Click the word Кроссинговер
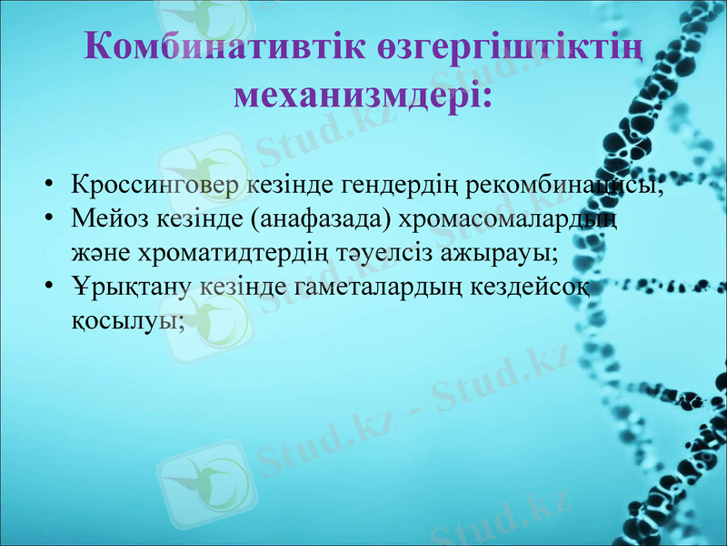155,185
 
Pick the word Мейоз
107,218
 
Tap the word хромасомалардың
509,219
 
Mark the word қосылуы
127,321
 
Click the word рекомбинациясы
564,186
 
